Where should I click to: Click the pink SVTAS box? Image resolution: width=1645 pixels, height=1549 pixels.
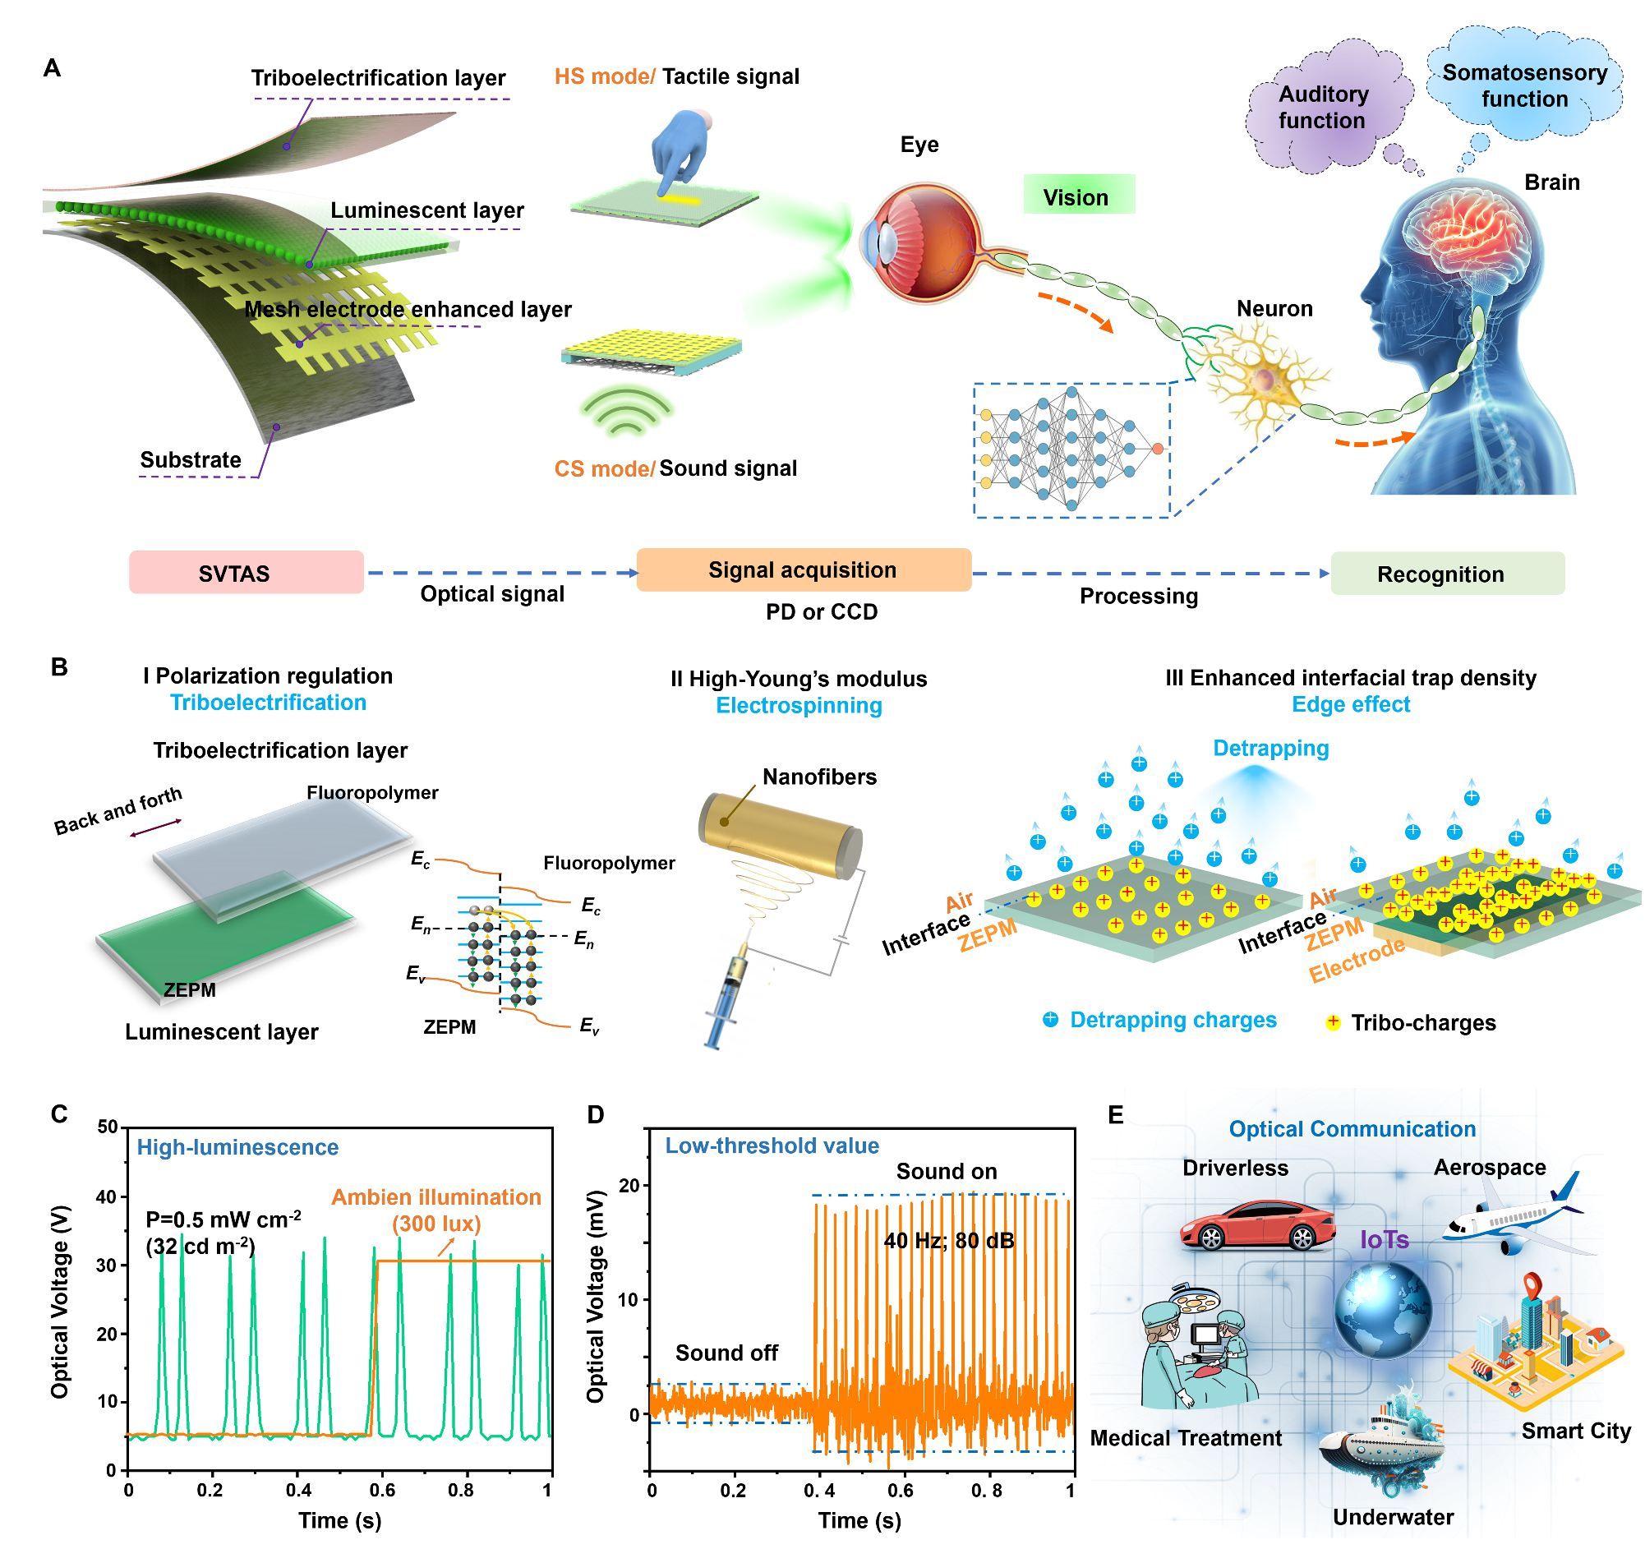coord(246,572)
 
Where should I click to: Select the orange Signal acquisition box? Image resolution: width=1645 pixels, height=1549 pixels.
coord(804,569)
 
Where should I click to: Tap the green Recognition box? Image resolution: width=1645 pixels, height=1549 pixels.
coord(1447,574)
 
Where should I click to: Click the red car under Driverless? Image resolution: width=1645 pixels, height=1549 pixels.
coord(1256,1224)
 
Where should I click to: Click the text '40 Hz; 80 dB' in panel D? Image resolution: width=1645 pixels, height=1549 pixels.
coord(948,1240)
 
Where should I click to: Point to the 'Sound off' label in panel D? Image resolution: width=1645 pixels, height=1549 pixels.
coord(726,1353)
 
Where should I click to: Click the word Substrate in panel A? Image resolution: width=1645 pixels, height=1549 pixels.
coord(191,460)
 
